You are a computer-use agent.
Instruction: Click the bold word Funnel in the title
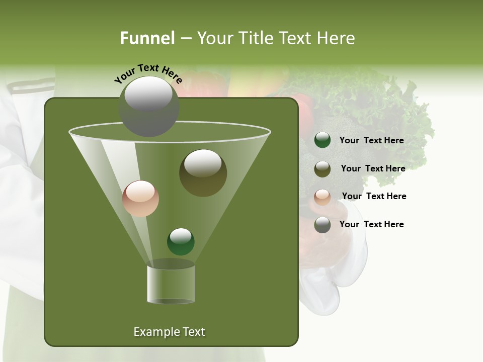coord(147,38)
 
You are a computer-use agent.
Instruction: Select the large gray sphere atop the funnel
coord(148,107)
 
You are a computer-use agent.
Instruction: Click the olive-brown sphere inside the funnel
coord(203,172)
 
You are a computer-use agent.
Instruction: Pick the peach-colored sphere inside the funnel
coord(140,199)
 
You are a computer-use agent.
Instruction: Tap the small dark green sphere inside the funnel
coord(181,241)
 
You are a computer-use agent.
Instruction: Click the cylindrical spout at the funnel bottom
coord(171,284)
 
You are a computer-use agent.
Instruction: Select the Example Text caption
coord(169,332)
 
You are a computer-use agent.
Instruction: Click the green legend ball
coord(323,140)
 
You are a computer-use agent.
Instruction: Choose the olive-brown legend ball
coord(323,169)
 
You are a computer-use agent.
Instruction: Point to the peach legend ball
coord(323,197)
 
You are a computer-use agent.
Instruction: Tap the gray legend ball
coord(323,225)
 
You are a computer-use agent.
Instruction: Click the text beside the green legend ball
coord(371,140)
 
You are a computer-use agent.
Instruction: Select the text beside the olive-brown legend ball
coord(373,168)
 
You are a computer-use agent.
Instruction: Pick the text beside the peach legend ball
coord(374,196)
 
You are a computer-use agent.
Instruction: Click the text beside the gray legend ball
coord(371,224)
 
